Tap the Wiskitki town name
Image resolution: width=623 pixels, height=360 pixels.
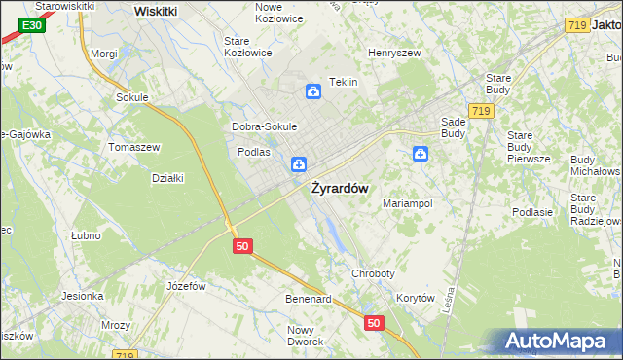[x=155, y=11]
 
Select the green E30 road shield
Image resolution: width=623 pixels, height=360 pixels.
[x=31, y=24]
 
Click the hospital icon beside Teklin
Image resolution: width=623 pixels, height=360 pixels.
[x=313, y=91]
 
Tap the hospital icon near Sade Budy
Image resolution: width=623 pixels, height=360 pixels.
[x=421, y=153]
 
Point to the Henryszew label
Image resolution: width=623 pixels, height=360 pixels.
[x=392, y=53]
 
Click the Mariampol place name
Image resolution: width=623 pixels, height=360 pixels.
[x=407, y=203]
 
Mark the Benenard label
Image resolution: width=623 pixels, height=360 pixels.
[x=309, y=298]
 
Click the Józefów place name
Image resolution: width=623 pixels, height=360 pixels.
[x=186, y=286]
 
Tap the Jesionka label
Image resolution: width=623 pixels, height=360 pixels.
[x=83, y=296]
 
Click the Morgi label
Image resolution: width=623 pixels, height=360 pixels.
[x=103, y=54]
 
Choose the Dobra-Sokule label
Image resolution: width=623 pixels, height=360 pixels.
[x=264, y=126]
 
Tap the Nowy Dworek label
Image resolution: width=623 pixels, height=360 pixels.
[x=305, y=336]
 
